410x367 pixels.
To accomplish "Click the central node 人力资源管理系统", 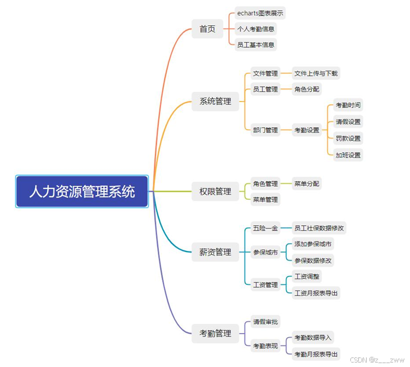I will tap(82, 191).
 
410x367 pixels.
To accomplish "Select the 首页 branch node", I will tap(207, 29).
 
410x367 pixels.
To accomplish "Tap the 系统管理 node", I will tap(215, 101).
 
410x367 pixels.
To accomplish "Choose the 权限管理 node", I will tap(215, 191).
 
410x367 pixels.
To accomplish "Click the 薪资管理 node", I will tap(215, 252).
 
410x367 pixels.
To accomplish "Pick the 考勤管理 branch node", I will tap(215, 333).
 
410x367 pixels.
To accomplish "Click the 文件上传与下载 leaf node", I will tap(316, 73).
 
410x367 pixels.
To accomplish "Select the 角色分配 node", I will tap(306, 89).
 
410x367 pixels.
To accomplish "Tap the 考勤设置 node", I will tap(306, 130).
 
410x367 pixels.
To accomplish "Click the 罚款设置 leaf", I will tap(348, 138).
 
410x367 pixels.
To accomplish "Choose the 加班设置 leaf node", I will tap(348, 155).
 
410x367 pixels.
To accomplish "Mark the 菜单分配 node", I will tap(306, 183).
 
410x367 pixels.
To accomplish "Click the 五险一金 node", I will tap(265, 228).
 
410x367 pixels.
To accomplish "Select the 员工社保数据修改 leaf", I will tap(319, 228).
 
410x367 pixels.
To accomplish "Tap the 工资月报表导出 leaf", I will tap(316, 293).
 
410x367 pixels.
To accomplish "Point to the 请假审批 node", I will tap(265, 322).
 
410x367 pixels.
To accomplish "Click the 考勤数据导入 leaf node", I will tap(313, 338).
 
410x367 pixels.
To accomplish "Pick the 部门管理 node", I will tap(265, 130).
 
